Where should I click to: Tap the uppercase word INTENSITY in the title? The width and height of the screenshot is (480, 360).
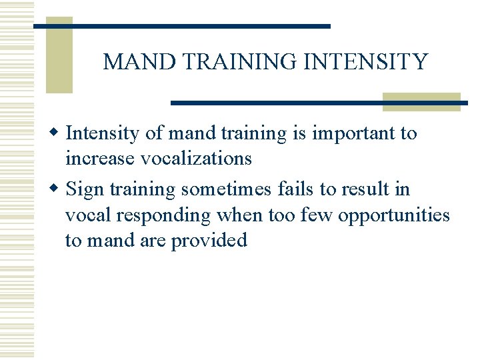click(365, 62)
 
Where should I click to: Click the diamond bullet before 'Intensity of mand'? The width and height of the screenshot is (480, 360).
click(58, 133)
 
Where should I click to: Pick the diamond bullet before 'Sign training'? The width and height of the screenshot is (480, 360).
click(58, 189)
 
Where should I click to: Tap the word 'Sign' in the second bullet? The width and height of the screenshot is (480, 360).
click(86, 190)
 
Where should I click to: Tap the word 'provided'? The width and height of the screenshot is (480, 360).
click(209, 240)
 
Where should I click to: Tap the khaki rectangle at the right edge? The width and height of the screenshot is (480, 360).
click(421, 101)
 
